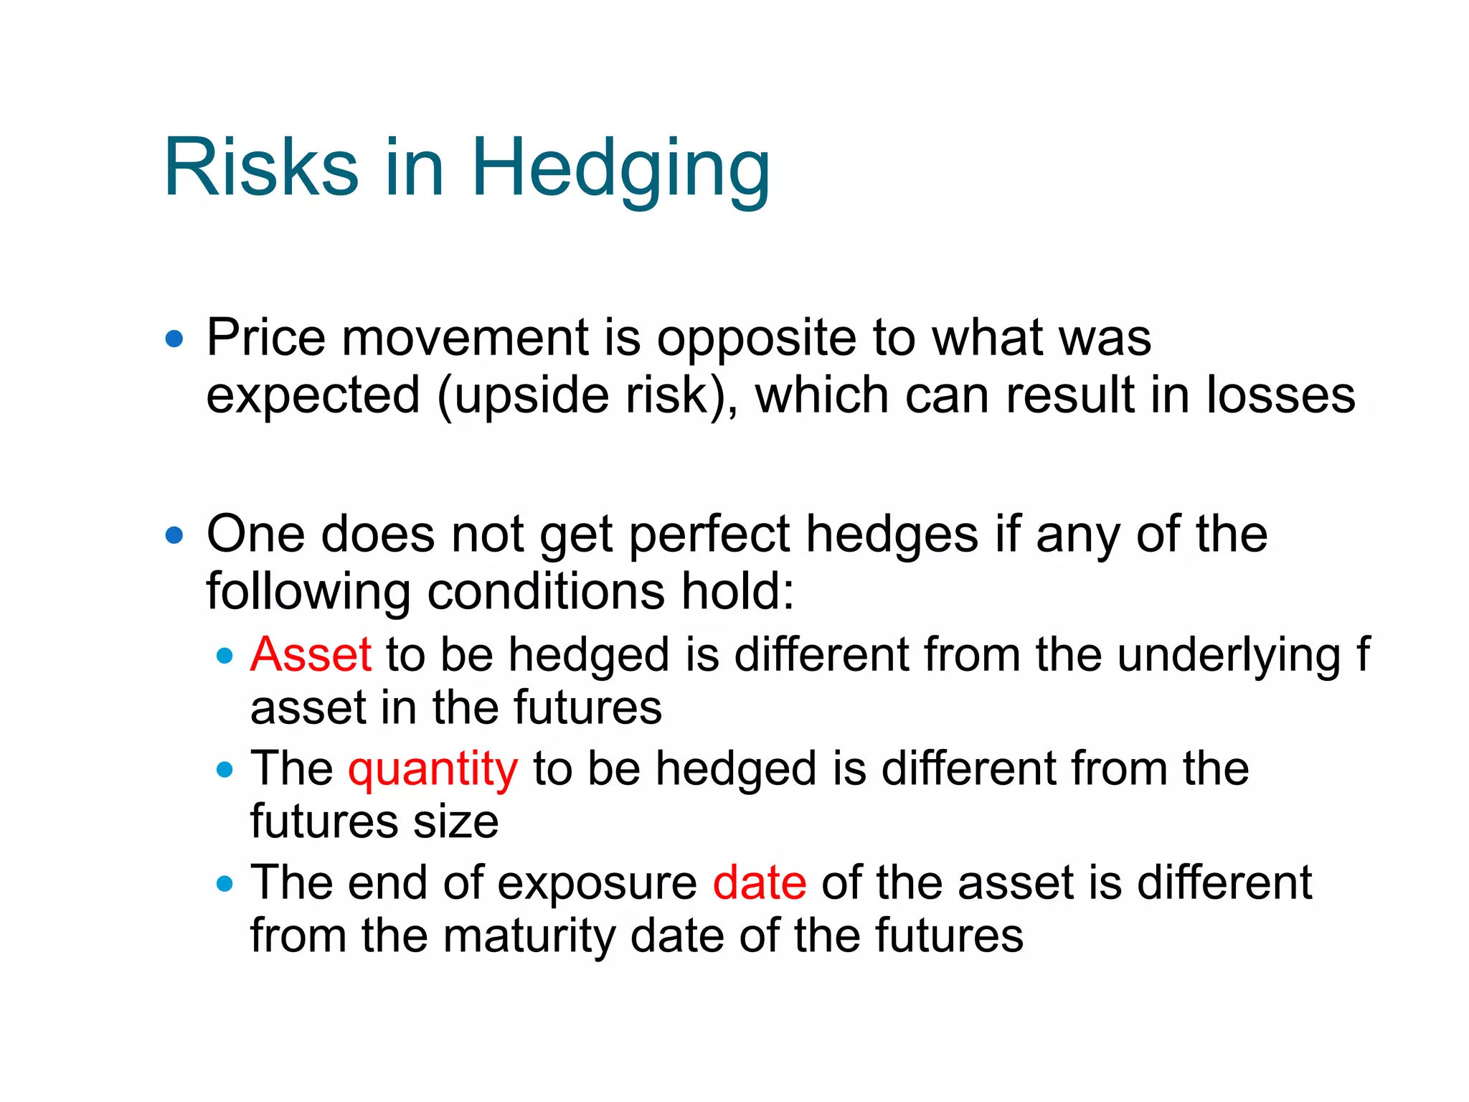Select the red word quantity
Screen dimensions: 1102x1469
pyautogui.click(x=433, y=770)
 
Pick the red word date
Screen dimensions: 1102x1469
pyautogui.click(x=759, y=882)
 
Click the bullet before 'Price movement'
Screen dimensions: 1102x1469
pyautogui.click(x=174, y=339)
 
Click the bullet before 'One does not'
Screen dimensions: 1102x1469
pyautogui.click(x=174, y=535)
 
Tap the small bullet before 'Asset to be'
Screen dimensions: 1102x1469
pyautogui.click(x=225, y=656)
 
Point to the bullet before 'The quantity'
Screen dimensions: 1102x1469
pyautogui.click(x=225, y=770)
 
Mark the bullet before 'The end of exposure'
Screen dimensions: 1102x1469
pyautogui.click(x=225, y=884)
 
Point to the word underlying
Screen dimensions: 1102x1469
pyautogui.click(x=1228, y=656)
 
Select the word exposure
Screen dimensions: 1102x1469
pyautogui.click(x=596, y=882)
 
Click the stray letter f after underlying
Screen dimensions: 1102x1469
pyautogui.click(x=1362, y=654)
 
